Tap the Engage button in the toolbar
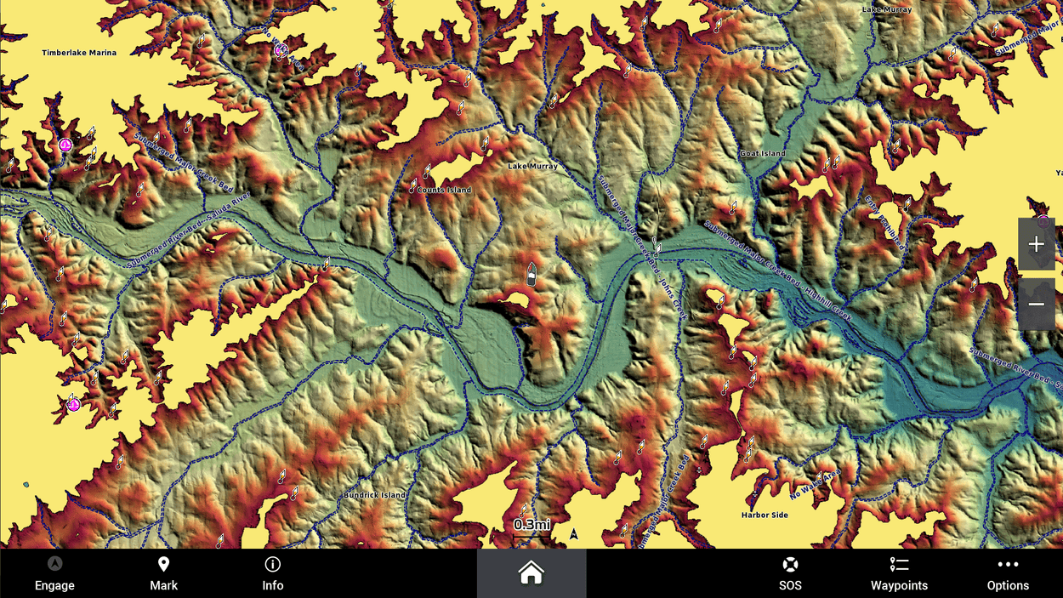click(x=54, y=574)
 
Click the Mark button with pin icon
click(x=164, y=574)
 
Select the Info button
click(x=273, y=574)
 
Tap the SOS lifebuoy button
click(x=790, y=574)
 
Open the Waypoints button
click(x=899, y=574)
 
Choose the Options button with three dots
click(x=1008, y=574)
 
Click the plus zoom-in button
click(x=1036, y=244)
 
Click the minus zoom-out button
click(x=1036, y=304)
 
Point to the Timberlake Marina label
click(x=79, y=53)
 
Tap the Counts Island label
click(x=444, y=190)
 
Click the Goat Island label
click(x=762, y=153)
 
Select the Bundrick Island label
click(x=375, y=495)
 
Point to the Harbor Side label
click(x=765, y=515)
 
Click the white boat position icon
click(x=531, y=274)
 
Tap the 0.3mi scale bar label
click(x=531, y=525)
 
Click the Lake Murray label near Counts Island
click(x=532, y=166)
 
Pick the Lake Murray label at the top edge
click(x=886, y=9)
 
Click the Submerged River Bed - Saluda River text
click(x=189, y=231)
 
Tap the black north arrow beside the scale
click(x=574, y=534)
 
